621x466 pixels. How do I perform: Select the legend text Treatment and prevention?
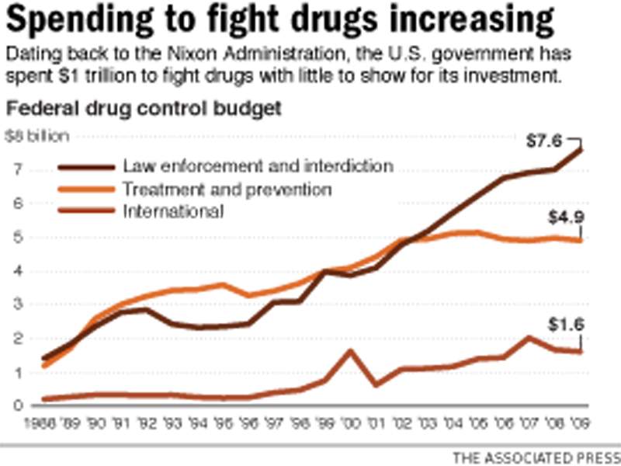[x=227, y=189]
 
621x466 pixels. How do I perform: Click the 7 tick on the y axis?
[x=16, y=169]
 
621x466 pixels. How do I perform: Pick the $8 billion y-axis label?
[x=36, y=136]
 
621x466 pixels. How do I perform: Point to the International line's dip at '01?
[x=376, y=384]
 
